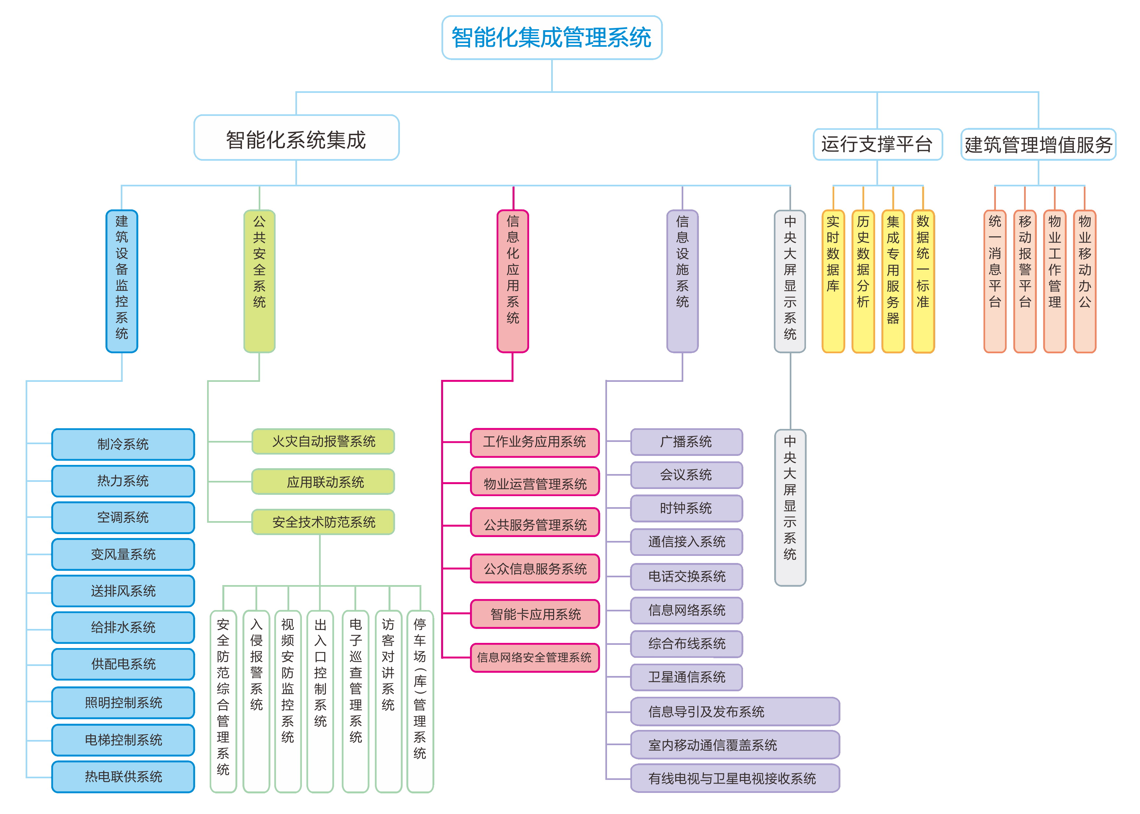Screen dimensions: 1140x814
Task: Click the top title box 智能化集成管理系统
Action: [552, 38]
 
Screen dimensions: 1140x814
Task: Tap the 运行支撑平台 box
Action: [877, 144]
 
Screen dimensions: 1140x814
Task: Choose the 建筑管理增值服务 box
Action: [1038, 144]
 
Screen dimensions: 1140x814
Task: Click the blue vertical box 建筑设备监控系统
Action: [122, 281]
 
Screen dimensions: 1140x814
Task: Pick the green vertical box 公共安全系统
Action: [259, 281]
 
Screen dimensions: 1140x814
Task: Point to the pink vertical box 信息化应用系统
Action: [513, 281]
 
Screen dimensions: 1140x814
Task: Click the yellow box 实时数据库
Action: [833, 281]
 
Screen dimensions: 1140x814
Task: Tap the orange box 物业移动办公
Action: [1084, 281]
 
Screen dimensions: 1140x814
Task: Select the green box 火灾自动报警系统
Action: [323, 441]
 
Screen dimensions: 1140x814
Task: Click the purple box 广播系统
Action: [687, 442]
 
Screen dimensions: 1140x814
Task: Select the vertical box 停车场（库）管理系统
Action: [420, 701]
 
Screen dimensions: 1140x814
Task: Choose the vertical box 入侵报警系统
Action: [256, 701]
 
